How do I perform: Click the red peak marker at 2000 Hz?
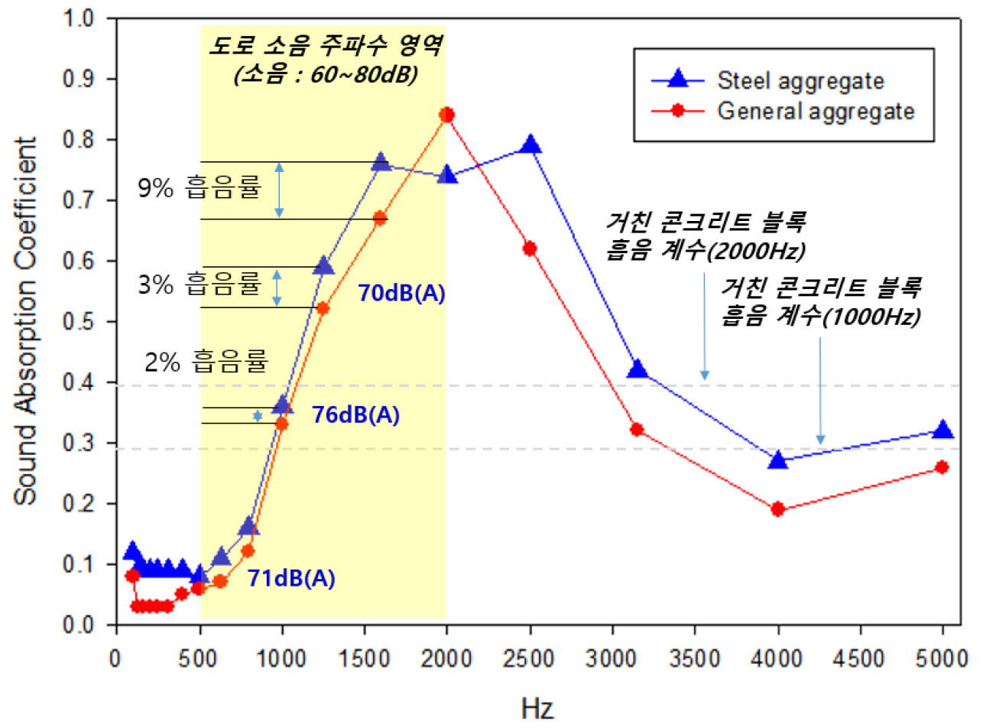tap(447, 115)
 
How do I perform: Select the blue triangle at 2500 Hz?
tap(530, 145)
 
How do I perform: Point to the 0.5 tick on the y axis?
tap(92, 322)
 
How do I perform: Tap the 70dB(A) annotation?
tap(401, 293)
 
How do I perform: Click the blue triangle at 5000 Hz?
tap(942, 430)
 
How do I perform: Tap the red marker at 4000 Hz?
tap(777, 509)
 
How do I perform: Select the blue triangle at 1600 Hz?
tap(381, 162)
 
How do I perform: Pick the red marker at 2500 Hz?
tap(530, 249)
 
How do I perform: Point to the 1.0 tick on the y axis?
tap(92, 19)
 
